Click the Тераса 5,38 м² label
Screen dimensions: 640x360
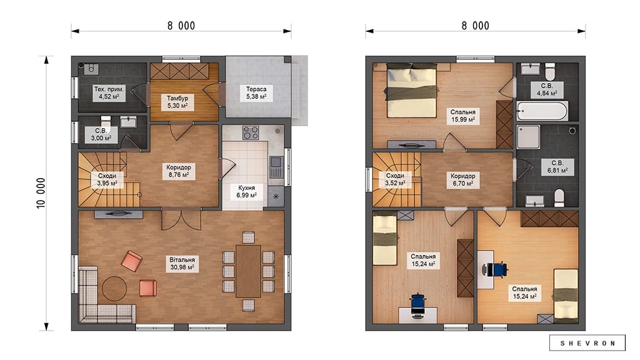pyautogui.click(x=256, y=92)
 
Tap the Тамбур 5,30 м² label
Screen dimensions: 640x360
pyautogui.click(x=177, y=102)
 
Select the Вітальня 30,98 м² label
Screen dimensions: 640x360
pyautogui.click(x=182, y=264)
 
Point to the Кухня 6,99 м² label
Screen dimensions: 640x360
pyautogui.click(x=246, y=191)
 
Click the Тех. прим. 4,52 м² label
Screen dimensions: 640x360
pyautogui.click(x=109, y=92)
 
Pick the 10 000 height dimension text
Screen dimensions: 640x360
pyautogui.click(x=41, y=193)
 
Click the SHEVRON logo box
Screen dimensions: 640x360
pyautogui.click(x=587, y=343)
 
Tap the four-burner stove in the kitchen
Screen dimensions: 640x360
pyautogui.click(x=251, y=132)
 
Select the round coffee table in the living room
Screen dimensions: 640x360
pyautogui.click(x=114, y=289)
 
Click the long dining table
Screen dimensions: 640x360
pyautogui.click(x=248, y=271)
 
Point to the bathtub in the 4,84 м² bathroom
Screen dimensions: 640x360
pyautogui.click(x=542, y=111)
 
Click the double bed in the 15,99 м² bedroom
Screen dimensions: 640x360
pyautogui.click(x=412, y=91)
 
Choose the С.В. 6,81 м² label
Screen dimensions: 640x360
pyautogui.click(x=557, y=167)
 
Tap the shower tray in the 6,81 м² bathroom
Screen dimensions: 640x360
pyautogui.click(x=528, y=137)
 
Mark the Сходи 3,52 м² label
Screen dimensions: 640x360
pyautogui.click(x=395, y=179)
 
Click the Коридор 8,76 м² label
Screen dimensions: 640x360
pyautogui.click(x=178, y=171)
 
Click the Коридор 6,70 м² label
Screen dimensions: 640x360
pyautogui.click(x=463, y=179)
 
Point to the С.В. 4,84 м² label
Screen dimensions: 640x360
pyautogui.click(x=547, y=89)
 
